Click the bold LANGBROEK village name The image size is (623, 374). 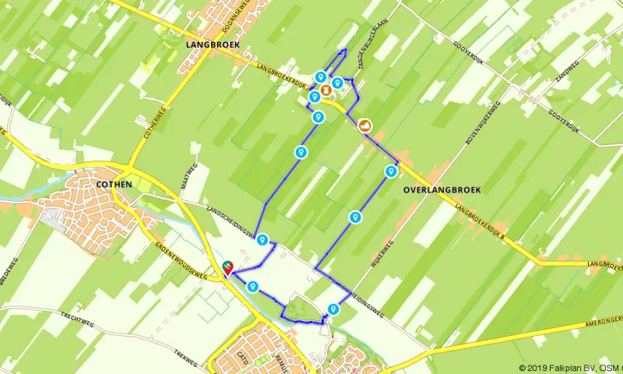click(213, 45)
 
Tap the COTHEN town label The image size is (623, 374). click(113, 184)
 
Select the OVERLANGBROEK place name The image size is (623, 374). click(442, 189)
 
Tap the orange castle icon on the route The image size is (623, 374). click(325, 90)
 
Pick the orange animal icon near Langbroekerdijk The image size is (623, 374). click(364, 125)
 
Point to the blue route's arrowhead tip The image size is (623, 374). click(346, 50)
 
